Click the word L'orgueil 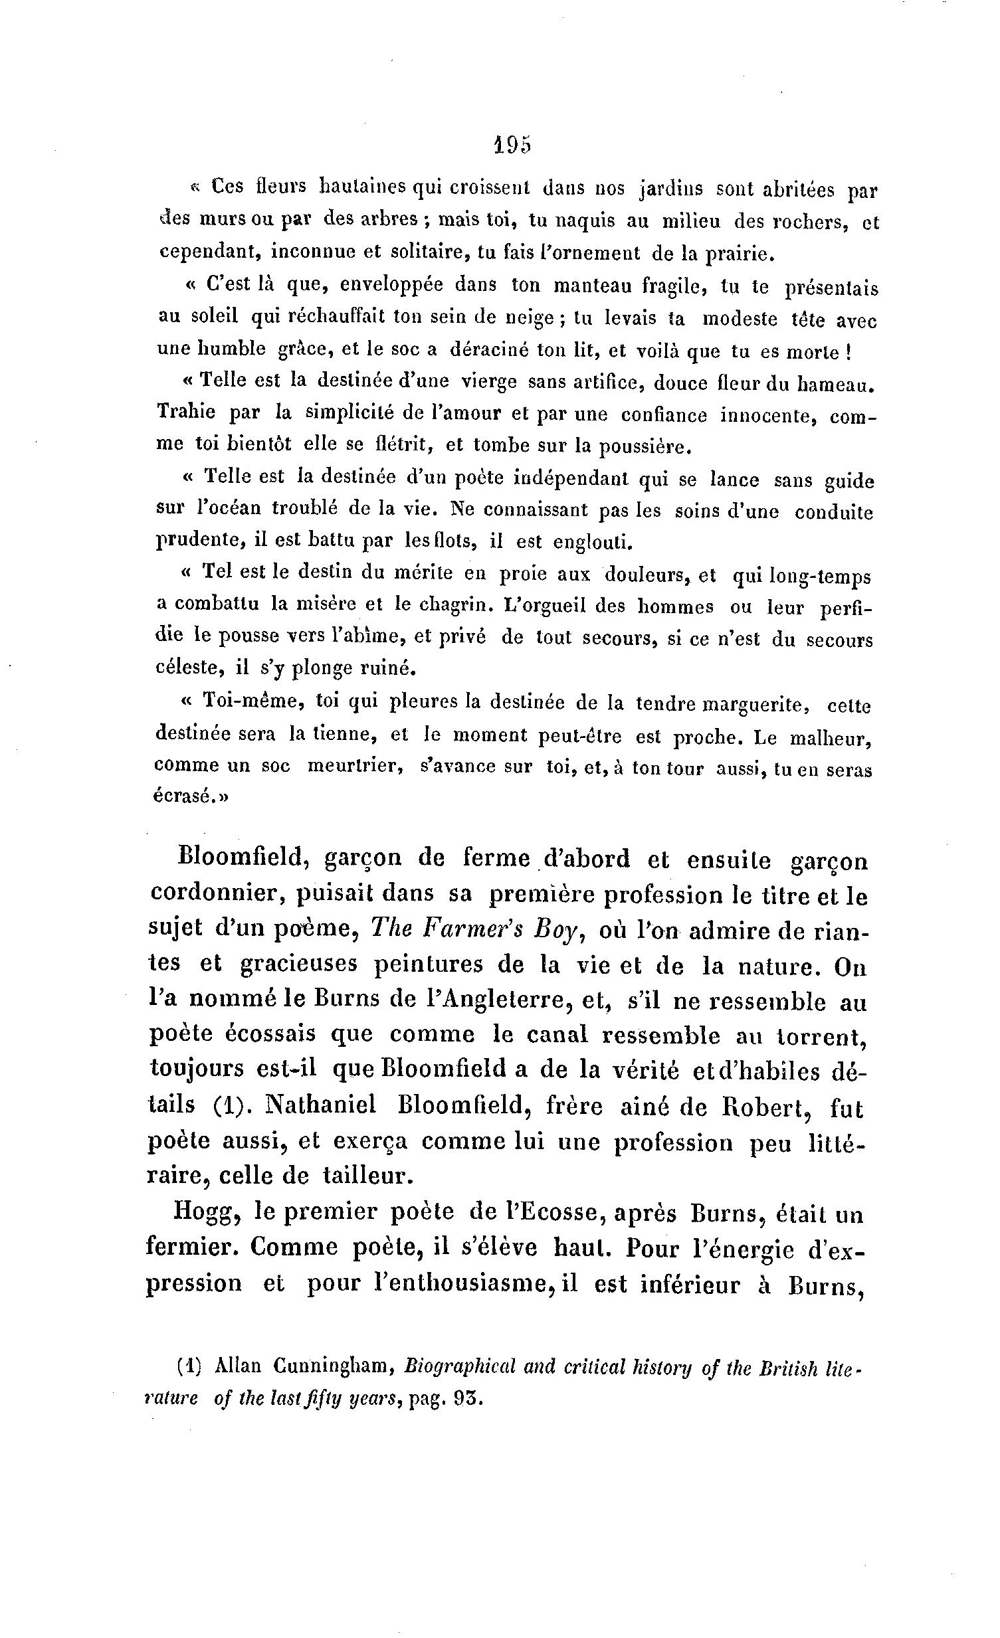(544, 606)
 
